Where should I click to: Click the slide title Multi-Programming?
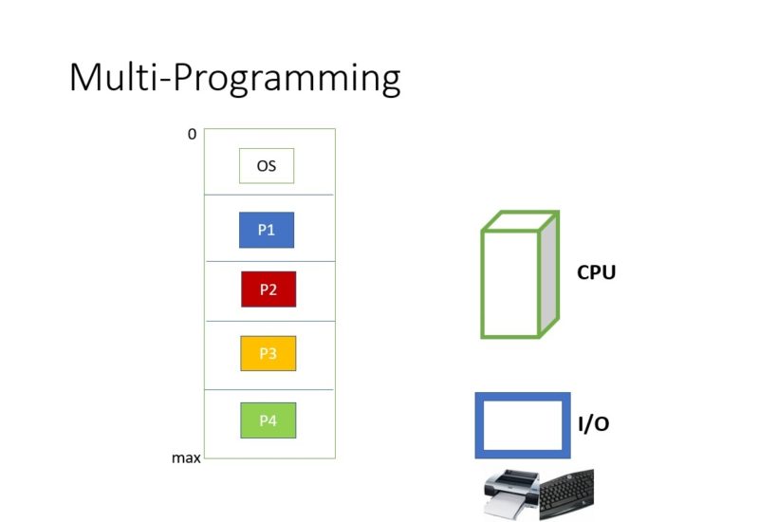coord(234,78)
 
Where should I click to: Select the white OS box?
coord(267,166)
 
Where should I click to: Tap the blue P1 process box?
coord(267,230)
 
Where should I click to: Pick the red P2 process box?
coord(268,289)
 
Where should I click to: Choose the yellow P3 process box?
coord(268,353)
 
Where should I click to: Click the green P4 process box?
coord(268,419)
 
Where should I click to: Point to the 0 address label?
coord(192,135)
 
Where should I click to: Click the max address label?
coord(186,458)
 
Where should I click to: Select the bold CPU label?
coord(597,273)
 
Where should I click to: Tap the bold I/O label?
coord(594,424)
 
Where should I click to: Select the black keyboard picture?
coord(568,494)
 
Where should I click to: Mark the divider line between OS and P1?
coord(269,195)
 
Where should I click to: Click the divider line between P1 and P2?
coord(269,261)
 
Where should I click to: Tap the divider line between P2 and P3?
coord(269,321)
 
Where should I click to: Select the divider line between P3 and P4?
coord(269,389)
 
